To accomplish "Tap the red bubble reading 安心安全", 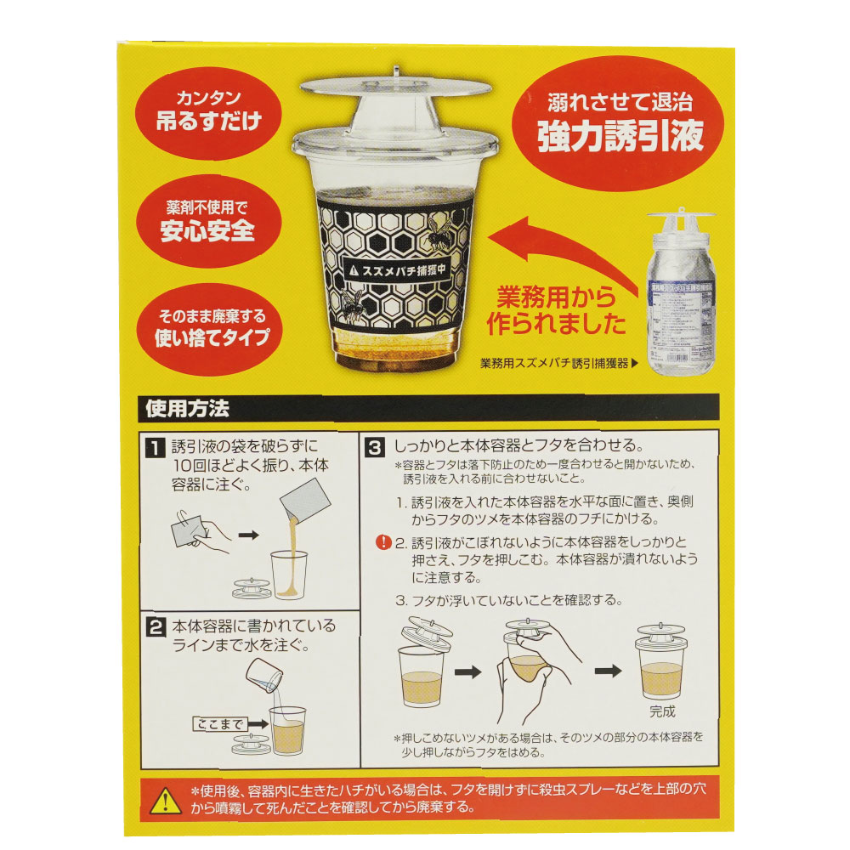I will tap(208, 221).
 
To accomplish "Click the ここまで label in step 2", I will tap(218, 723).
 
